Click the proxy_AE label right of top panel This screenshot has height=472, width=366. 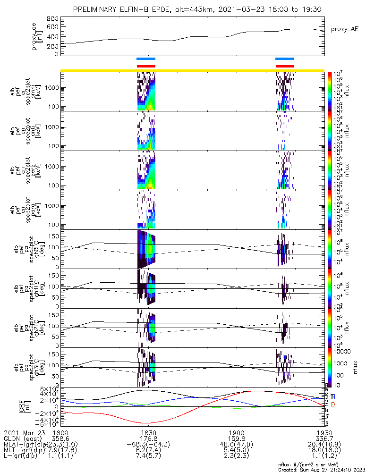pyautogui.click(x=344, y=29)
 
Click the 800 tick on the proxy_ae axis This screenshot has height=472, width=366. pyautogui.click(x=53, y=18)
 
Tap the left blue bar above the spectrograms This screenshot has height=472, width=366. pyautogui.click(x=145, y=59)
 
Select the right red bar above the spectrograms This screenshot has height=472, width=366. pyautogui.click(x=285, y=66)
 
